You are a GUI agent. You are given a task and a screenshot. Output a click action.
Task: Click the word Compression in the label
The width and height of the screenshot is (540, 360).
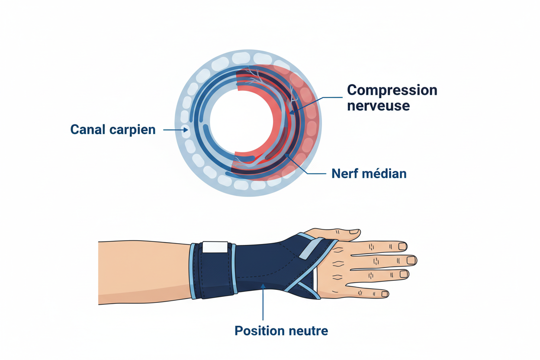click(x=392, y=90)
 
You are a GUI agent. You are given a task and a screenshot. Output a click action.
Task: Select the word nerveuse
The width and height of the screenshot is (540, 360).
click(x=379, y=106)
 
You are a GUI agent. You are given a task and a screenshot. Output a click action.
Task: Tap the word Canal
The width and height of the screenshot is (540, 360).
click(x=88, y=129)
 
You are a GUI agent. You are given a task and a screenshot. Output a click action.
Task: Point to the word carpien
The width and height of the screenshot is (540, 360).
click(x=132, y=130)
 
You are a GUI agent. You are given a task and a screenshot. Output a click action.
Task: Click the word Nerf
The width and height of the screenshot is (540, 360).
click(x=345, y=174)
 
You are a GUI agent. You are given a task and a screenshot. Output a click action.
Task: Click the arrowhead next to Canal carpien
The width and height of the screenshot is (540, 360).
click(x=186, y=130)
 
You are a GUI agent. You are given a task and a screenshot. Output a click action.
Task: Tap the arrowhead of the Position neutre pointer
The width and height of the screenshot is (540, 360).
click(x=263, y=286)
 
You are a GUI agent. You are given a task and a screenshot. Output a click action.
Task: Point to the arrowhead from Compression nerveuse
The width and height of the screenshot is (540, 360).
click(x=292, y=112)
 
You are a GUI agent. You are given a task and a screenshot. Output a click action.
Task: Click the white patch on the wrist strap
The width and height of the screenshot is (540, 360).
click(x=215, y=247)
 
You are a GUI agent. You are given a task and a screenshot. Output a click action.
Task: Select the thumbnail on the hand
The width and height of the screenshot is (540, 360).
click(x=354, y=231)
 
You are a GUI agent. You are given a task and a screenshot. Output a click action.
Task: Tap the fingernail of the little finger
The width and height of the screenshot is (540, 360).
click(x=385, y=294)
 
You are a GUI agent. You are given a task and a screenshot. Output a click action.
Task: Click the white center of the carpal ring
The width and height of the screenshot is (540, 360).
click(x=241, y=121)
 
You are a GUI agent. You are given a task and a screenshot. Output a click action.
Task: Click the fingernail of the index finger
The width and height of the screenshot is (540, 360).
click(x=402, y=246)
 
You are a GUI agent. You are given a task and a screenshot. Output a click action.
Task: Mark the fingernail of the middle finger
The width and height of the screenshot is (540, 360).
click(x=411, y=260)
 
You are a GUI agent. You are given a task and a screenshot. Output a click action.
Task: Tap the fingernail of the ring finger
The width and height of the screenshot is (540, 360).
click(x=404, y=274)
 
